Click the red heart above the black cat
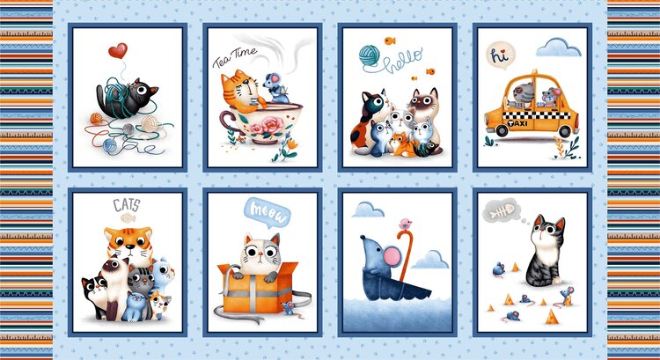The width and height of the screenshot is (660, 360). [117, 50]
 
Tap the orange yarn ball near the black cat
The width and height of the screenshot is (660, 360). [95, 117]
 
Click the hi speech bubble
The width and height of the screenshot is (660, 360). [500, 54]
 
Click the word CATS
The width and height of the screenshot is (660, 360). [125, 206]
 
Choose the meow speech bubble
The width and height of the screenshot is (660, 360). [263, 210]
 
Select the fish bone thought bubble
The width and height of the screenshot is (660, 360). [509, 212]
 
